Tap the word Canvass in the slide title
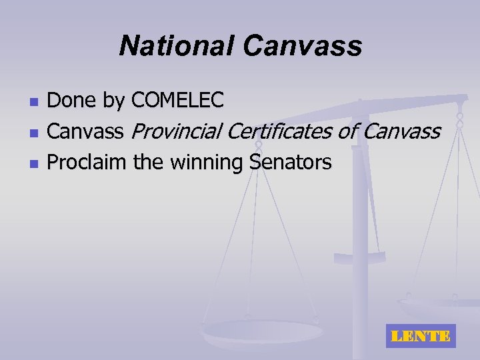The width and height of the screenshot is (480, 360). coord(303,46)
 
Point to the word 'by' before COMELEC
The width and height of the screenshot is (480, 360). coord(114,102)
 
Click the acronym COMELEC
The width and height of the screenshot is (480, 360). coord(177,101)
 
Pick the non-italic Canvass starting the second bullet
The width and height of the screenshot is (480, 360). coord(86,132)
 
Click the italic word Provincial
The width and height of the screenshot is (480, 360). coord(177,132)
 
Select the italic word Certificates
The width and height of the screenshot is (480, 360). coord(280,132)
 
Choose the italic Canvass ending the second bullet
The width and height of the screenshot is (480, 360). coord(402,132)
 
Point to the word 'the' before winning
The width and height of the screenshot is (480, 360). coord(149,162)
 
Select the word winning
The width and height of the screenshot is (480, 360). coord(206,163)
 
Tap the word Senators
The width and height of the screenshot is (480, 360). coord(290,162)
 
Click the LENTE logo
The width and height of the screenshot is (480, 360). coord(419,336)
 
